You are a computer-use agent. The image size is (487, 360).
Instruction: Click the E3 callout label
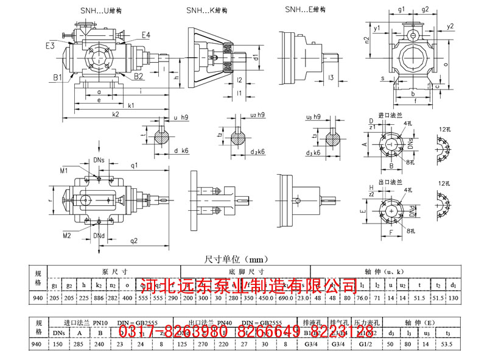click(x=50, y=45)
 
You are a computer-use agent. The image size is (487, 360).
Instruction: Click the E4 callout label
click(x=145, y=35)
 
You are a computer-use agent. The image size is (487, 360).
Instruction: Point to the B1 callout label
click(x=58, y=77)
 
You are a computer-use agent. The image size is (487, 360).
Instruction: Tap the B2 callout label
click(x=139, y=76)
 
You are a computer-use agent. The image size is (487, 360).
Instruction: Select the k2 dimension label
click(x=115, y=114)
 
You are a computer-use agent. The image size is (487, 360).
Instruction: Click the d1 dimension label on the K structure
click(x=257, y=57)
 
